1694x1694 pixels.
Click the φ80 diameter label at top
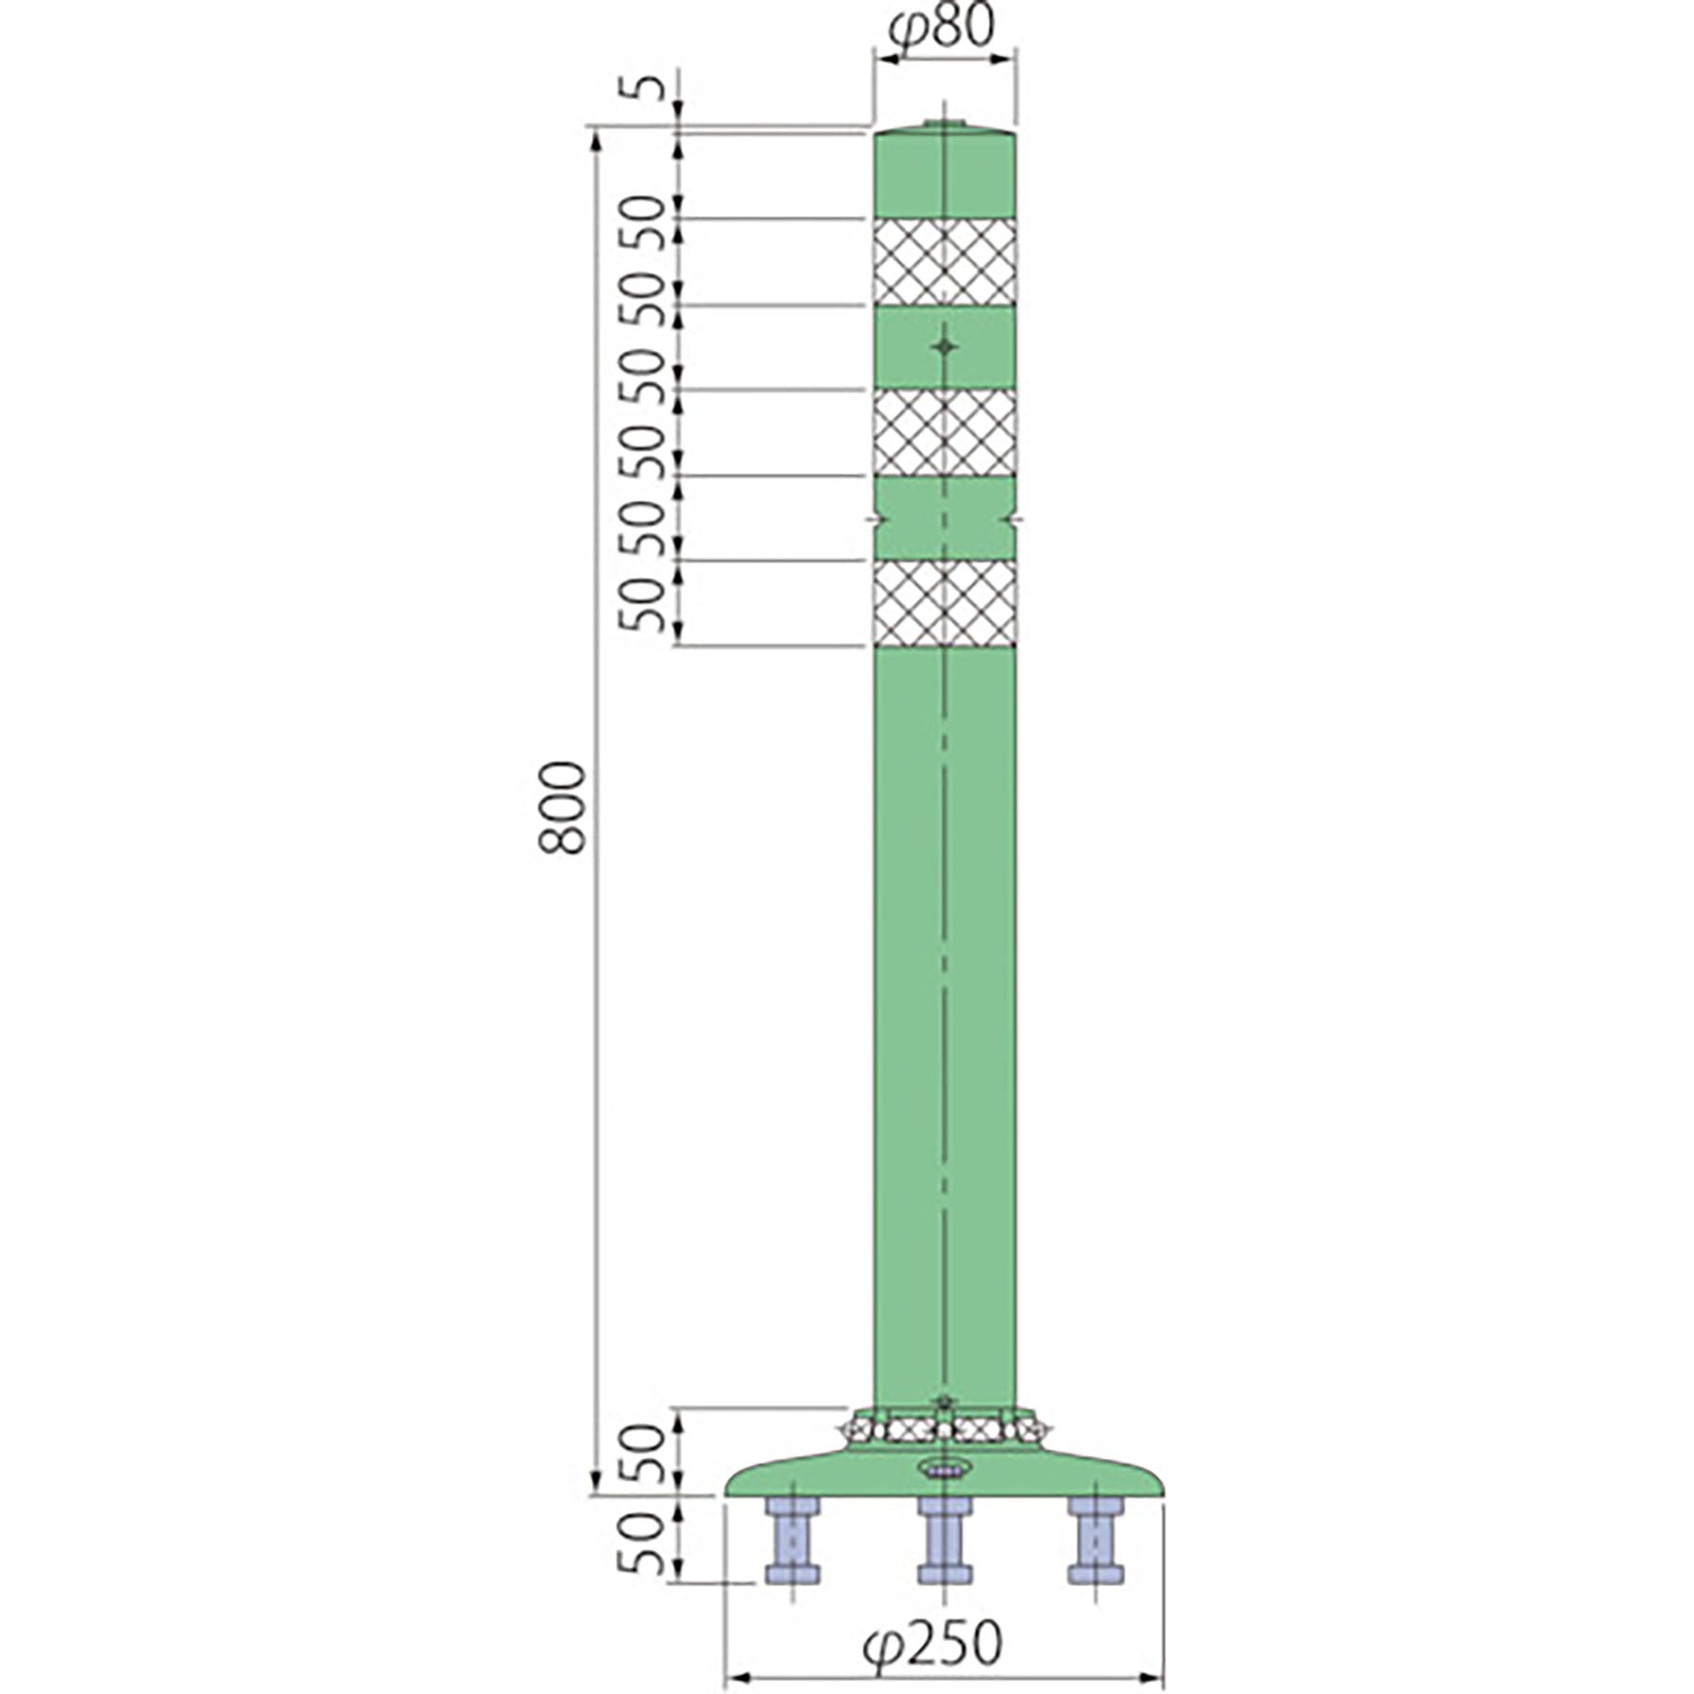940,27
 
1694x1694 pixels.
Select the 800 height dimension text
563,808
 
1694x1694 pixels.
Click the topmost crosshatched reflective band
945,262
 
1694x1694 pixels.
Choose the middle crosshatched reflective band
945,433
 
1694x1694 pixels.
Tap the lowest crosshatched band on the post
945,603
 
